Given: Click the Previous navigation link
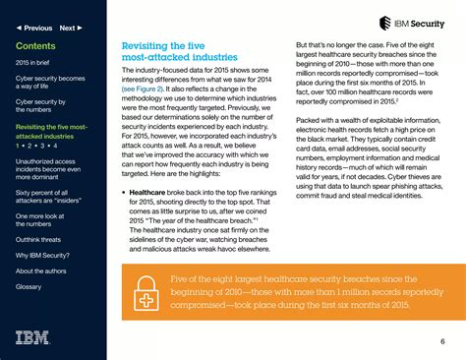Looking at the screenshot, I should tap(34, 28).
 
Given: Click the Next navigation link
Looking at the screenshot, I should tap(69, 28).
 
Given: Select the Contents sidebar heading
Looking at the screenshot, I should tap(35, 46).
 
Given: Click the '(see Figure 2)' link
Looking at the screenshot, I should tap(145, 87).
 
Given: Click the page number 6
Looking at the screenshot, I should tap(442, 341).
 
